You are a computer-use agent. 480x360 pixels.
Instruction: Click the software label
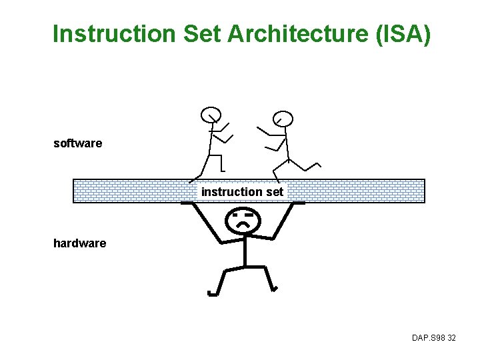click(x=78, y=143)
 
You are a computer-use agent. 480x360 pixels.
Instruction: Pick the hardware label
click(x=79, y=243)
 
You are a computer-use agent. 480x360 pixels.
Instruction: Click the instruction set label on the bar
click(x=242, y=192)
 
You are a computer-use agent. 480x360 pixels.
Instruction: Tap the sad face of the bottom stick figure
click(x=243, y=220)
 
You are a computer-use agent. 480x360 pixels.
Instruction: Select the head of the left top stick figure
click(x=211, y=115)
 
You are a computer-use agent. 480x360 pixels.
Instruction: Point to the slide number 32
click(x=451, y=339)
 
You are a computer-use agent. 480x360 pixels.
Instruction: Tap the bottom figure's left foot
click(x=213, y=292)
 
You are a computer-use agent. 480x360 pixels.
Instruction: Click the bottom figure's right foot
click(x=274, y=289)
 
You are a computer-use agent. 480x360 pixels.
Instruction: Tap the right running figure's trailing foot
click(x=318, y=164)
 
